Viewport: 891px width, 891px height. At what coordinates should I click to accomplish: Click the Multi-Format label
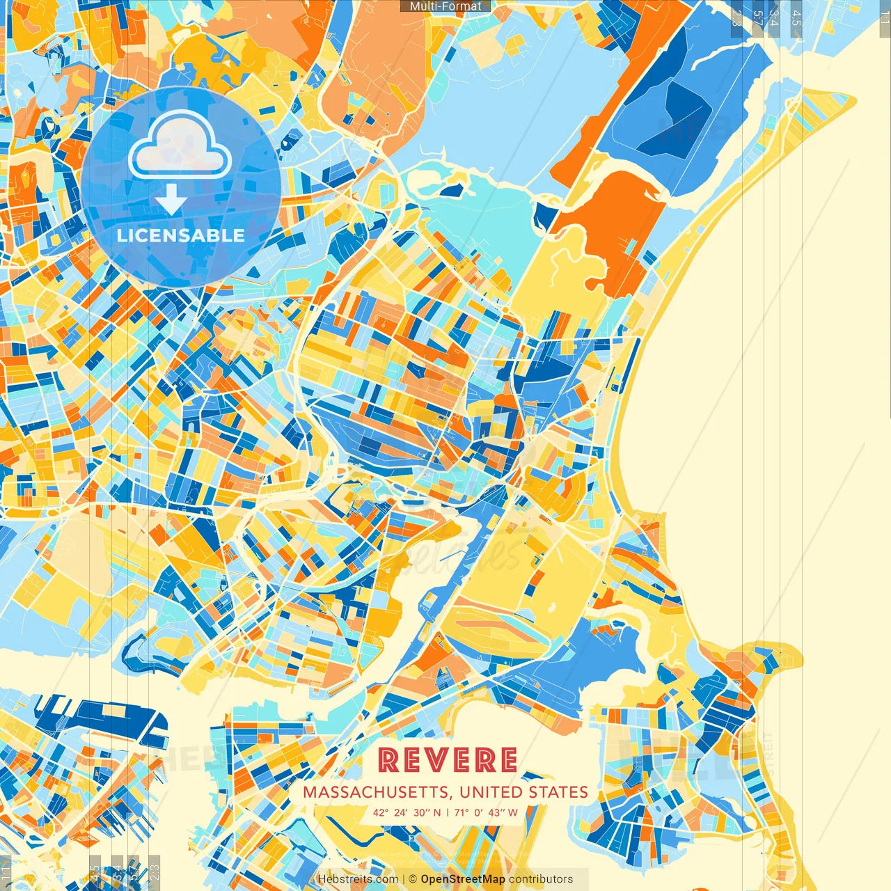click(x=445, y=6)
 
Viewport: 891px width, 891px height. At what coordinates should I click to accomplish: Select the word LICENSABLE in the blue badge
click(x=181, y=235)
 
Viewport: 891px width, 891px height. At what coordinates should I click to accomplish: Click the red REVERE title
click(x=448, y=760)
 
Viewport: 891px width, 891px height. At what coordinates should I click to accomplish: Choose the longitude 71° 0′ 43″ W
click(x=486, y=812)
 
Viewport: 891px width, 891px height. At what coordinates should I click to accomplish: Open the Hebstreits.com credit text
click(x=358, y=879)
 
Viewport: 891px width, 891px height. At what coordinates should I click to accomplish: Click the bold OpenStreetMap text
click(x=463, y=879)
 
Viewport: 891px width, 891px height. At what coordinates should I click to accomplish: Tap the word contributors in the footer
click(x=541, y=879)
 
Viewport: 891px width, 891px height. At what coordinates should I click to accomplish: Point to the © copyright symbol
click(x=412, y=879)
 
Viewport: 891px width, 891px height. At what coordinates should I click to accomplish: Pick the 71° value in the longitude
click(x=462, y=812)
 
